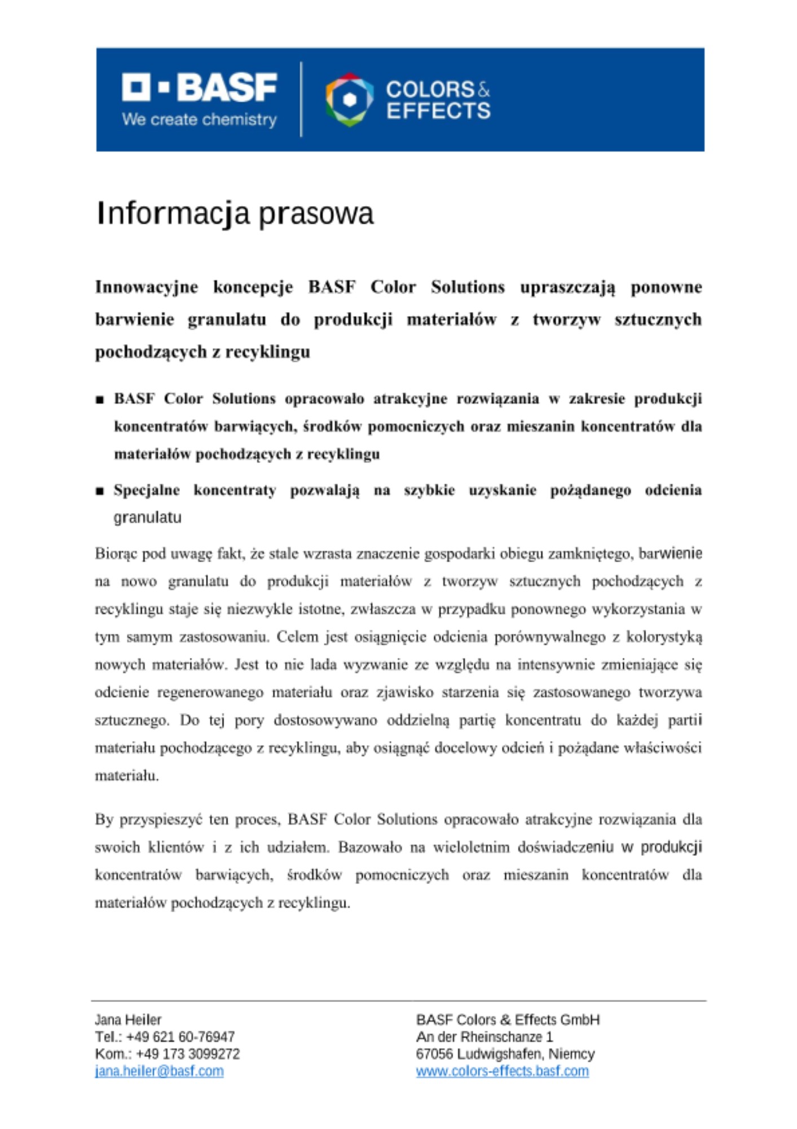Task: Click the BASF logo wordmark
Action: coord(199,87)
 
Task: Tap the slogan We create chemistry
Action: coord(199,120)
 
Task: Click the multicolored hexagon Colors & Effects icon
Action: coord(349,99)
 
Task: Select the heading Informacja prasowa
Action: coord(235,213)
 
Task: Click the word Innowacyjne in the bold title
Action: coord(146,287)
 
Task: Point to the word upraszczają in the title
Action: coord(567,287)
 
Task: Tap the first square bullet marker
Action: coord(100,400)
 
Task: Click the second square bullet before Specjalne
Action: coord(100,491)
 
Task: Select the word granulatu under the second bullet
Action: coord(147,518)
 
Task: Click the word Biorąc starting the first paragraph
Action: coord(116,554)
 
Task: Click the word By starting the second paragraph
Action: coord(104,820)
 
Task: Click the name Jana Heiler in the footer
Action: coord(128,1019)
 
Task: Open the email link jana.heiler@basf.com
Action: coord(159,1071)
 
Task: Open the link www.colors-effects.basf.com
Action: coord(502,1071)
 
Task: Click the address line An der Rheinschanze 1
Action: coord(485,1036)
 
